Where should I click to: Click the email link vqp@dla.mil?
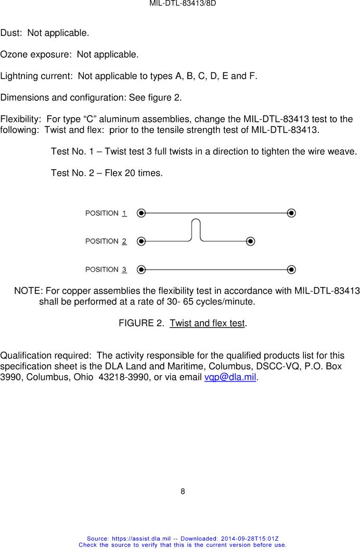pos(230,377)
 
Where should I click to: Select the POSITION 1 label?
pos(106,213)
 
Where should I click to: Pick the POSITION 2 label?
pos(106,241)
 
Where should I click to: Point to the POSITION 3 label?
pos(106,269)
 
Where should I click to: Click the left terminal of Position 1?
pos(142,213)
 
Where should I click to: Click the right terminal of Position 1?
pos(292,213)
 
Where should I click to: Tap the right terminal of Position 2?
pos(251,241)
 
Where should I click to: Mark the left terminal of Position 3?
pos(142,269)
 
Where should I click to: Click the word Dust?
pos(10,33)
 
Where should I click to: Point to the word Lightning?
pos(19,76)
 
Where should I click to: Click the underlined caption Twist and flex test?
pos(207,323)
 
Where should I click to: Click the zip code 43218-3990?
pos(121,377)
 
